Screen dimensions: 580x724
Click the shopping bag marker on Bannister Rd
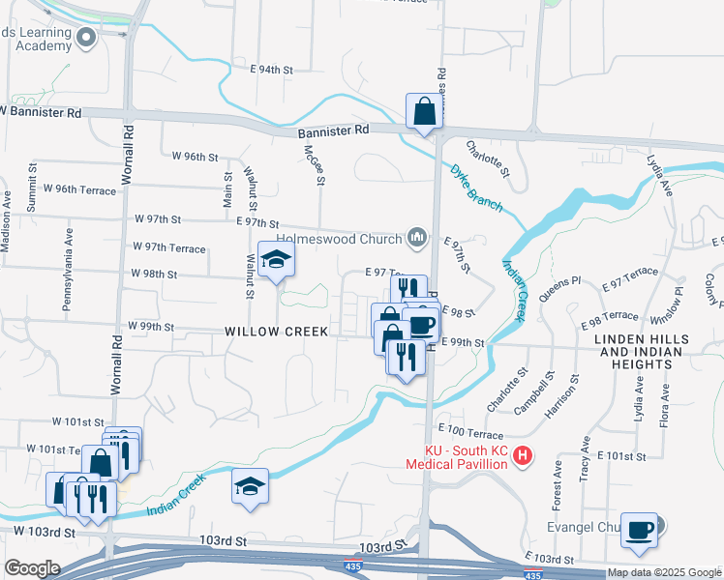[x=425, y=112]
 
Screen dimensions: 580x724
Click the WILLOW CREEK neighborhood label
[x=276, y=331]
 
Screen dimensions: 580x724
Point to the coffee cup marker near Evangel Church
[x=639, y=530]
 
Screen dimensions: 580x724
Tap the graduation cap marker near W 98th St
[x=277, y=260]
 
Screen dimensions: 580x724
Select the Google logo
[x=33, y=568]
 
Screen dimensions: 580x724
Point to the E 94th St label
[x=271, y=70]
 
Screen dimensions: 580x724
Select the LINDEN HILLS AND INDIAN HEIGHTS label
[x=642, y=346]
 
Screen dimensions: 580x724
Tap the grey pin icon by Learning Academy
[x=86, y=38]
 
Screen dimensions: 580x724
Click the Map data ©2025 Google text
[x=665, y=572]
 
